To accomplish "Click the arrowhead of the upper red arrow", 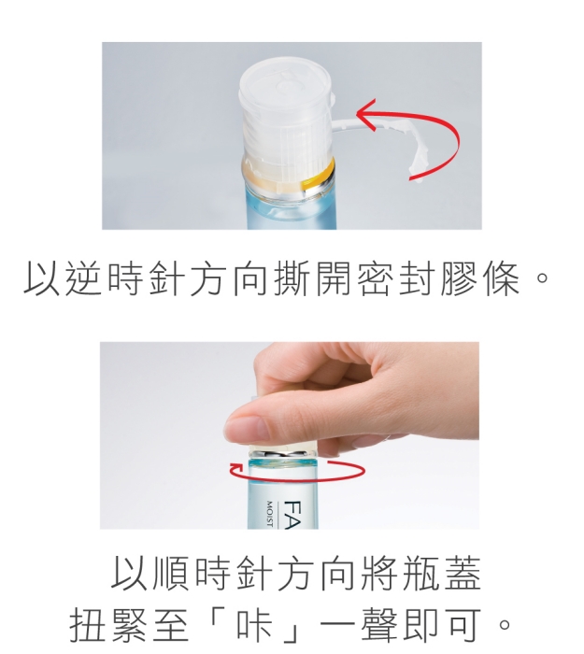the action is click(365, 113).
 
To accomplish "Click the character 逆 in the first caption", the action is click(84, 278).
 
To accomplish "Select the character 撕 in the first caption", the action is click(292, 278).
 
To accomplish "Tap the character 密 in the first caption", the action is click(376, 278).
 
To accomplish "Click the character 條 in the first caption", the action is click(501, 278).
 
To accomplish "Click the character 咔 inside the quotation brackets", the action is click(255, 625).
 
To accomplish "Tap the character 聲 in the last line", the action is click(380, 625).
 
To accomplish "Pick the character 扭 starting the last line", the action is click(88, 625).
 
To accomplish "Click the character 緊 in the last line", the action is click(130, 625).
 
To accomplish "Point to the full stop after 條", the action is click(542, 278).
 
